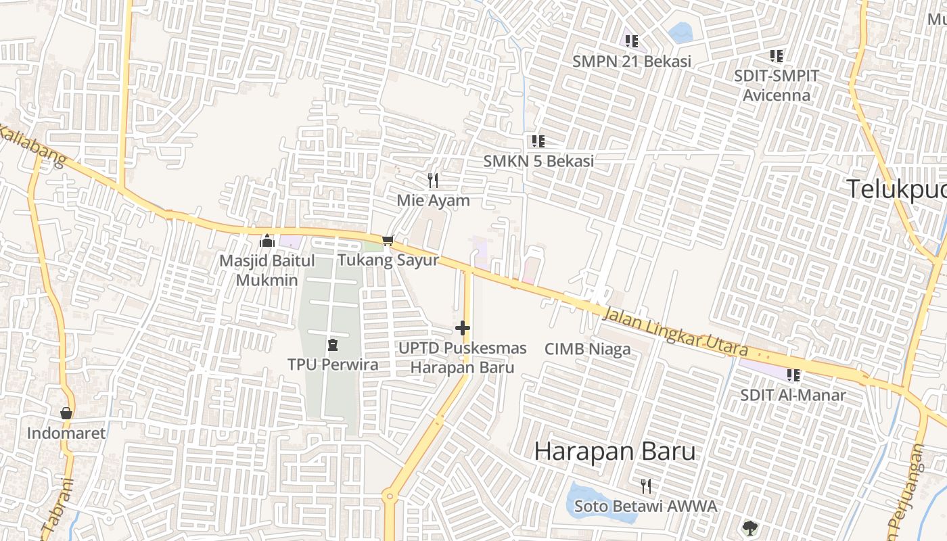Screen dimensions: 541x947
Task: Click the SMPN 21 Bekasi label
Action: point(632,62)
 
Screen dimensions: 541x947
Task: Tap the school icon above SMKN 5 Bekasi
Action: point(538,141)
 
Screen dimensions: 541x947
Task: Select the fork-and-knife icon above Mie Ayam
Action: point(433,181)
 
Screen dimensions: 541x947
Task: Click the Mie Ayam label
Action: point(433,201)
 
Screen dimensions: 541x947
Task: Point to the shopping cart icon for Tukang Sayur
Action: point(388,240)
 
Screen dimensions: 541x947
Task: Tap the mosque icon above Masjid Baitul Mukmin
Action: point(267,241)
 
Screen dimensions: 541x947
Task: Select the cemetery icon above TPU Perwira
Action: point(332,345)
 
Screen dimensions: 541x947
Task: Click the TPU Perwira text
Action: point(333,364)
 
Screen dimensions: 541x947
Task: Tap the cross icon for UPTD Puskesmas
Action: point(463,329)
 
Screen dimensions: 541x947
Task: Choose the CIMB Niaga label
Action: point(587,349)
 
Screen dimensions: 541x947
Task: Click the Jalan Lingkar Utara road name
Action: point(674,332)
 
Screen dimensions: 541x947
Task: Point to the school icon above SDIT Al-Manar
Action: point(793,375)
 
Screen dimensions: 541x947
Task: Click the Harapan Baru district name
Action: point(615,451)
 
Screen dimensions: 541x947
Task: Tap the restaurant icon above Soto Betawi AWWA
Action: point(646,486)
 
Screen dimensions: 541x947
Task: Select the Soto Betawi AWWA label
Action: point(645,506)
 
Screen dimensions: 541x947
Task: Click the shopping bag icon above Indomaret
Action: point(66,413)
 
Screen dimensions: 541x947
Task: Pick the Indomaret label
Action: point(66,433)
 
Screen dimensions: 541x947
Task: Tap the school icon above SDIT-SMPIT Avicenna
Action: point(777,56)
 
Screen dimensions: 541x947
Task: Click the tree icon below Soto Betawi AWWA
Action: point(749,527)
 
